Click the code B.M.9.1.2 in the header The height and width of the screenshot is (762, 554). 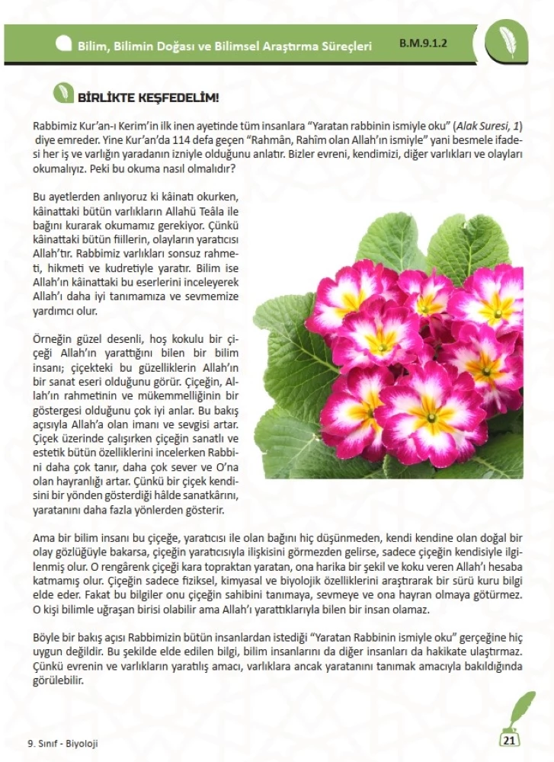pyautogui.click(x=425, y=44)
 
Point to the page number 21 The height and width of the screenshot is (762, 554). pyautogui.click(x=510, y=739)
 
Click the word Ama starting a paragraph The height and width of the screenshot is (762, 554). pyautogui.click(x=45, y=538)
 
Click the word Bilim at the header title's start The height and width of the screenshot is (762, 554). pyautogui.click(x=92, y=46)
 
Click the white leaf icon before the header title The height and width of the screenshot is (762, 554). pyautogui.click(x=63, y=44)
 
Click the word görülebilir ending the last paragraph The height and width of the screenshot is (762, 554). pyautogui.click(x=58, y=680)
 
